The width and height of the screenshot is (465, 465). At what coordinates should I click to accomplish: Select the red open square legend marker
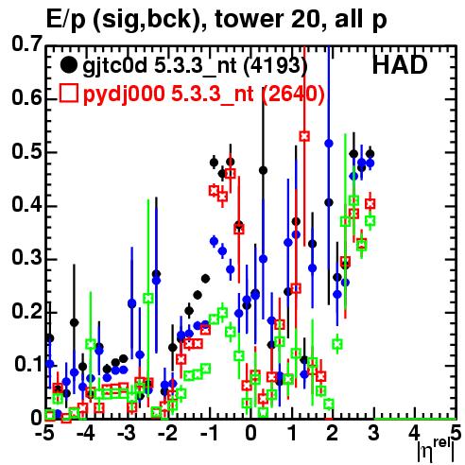click(68, 94)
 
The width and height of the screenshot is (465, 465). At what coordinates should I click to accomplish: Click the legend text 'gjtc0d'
click(115, 66)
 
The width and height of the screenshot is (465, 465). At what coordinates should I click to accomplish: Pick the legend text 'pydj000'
click(124, 95)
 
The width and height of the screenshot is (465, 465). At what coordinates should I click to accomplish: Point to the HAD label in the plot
click(400, 65)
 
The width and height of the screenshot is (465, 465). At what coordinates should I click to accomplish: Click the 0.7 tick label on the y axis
click(26, 43)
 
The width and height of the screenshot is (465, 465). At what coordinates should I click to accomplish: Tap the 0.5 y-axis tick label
click(26, 151)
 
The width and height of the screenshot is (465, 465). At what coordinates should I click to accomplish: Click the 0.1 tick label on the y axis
click(28, 364)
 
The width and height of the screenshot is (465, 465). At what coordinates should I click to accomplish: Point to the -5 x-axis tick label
click(43, 433)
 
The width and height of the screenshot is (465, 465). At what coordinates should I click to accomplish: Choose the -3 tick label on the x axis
click(127, 433)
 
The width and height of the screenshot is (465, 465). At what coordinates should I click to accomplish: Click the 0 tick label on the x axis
click(250, 433)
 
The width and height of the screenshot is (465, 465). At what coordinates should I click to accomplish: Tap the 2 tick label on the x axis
click(333, 433)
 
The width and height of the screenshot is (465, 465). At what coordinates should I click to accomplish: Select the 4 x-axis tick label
click(415, 433)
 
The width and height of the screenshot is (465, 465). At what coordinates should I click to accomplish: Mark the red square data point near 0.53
click(304, 136)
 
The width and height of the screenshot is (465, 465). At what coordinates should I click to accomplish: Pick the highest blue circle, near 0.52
click(329, 144)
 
